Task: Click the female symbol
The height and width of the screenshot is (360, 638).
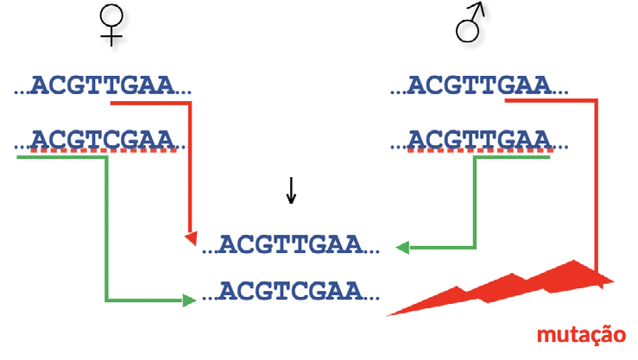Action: [x=110, y=23]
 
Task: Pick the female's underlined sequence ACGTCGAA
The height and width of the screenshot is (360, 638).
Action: [x=104, y=138]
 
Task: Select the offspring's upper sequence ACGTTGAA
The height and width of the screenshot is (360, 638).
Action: [x=293, y=244]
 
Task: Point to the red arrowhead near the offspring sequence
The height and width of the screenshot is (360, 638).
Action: [x=192, y=237]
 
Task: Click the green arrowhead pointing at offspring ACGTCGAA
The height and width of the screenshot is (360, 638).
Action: [x=187, y=300]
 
